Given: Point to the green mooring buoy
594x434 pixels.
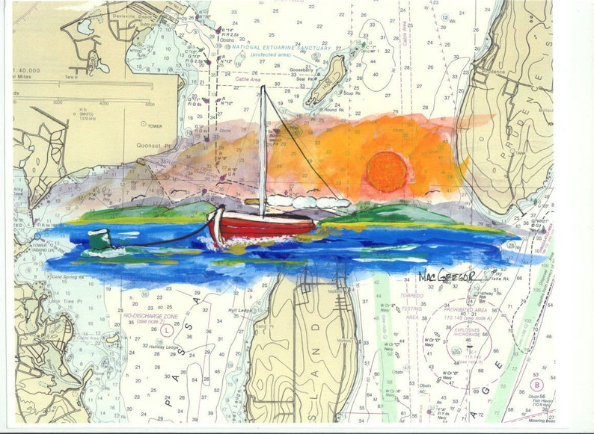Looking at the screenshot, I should point(99,239).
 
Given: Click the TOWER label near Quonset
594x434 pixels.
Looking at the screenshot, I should point(155,126).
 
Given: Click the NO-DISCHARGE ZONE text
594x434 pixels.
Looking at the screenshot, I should point(150,317).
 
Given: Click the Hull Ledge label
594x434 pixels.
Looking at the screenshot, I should point(241,309).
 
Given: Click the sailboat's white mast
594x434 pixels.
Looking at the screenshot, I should point(263,149).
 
